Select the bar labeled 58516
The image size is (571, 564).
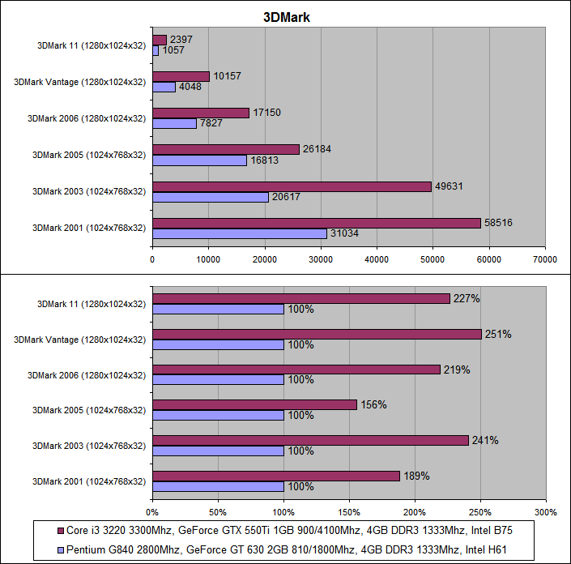pyautogui.click(x=317, y=223)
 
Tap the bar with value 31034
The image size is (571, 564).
pyautogui.click(x=240, y=233)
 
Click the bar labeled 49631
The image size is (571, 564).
pyautogui.click(x=292, y=186)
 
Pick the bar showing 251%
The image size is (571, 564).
pyautogui.click(x=317, y=334)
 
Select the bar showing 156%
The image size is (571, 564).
pyautogui.click(x=254, y=404)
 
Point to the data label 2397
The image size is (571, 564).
pyautogui.click(x=182, y=40)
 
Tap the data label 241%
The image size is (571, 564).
pyautogui.click(x=486, y=441)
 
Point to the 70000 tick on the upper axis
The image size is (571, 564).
pyautogui.click(x=544, y=259)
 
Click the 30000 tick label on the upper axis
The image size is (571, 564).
pyautogui.click(x=320, y=259)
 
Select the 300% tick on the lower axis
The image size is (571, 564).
pyautogui.click(x=546, y=512)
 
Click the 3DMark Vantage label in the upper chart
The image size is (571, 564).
pyautogui.click(x=79, y=82)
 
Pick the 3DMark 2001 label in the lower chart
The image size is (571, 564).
pyautogui.click(x=89, y=481)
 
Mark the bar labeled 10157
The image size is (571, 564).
pyautogui.click(x=181, y=76)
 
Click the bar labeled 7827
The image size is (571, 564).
pyautogui.click(x=174, y=123)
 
